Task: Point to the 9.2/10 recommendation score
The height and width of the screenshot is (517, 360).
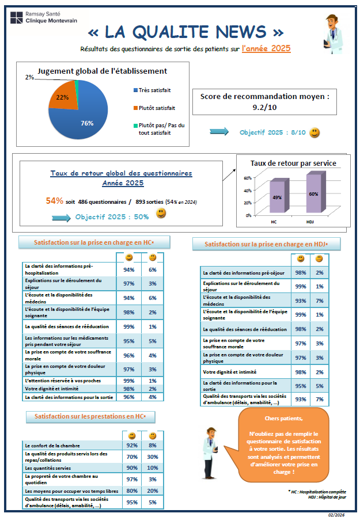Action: pos(266,107)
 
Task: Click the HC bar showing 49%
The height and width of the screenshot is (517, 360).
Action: pos(276,197)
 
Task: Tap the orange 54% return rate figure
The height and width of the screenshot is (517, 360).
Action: pos(55,201)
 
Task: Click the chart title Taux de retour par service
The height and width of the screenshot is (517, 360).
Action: pos(294,164)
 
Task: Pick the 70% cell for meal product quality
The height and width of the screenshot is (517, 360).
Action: pos(132,457)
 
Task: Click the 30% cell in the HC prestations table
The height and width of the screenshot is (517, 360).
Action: pos(153,457)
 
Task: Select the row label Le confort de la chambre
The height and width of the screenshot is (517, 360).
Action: pos(52,446)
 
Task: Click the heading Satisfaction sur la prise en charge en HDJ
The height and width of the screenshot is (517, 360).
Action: pos(266,244)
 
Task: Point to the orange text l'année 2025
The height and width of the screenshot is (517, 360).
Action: pos(266,49)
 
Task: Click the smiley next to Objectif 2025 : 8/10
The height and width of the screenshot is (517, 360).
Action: pos(314,133)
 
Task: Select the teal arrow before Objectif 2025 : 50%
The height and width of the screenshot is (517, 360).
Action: pos(62,218)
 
